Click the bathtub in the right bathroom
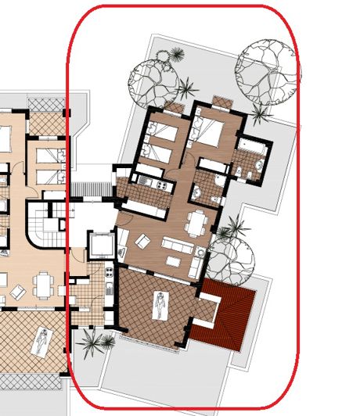252,146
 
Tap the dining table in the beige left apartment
42,279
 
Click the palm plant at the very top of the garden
177,55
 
